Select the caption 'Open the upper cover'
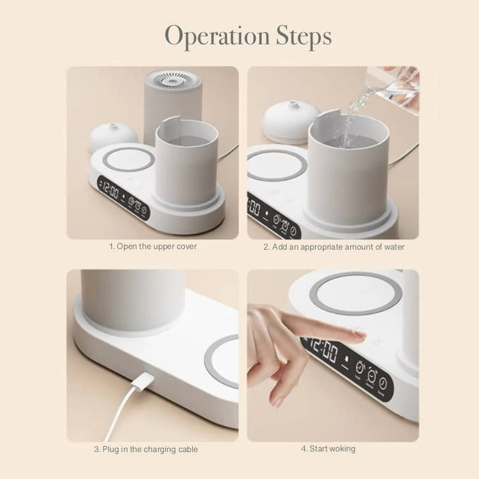point(153,247)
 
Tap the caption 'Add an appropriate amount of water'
point(334,247)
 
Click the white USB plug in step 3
point(141,384)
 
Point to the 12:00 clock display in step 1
point(110,191)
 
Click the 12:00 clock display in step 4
point(322,349)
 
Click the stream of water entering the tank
point(349,124)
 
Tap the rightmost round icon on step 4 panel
point(383,384)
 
